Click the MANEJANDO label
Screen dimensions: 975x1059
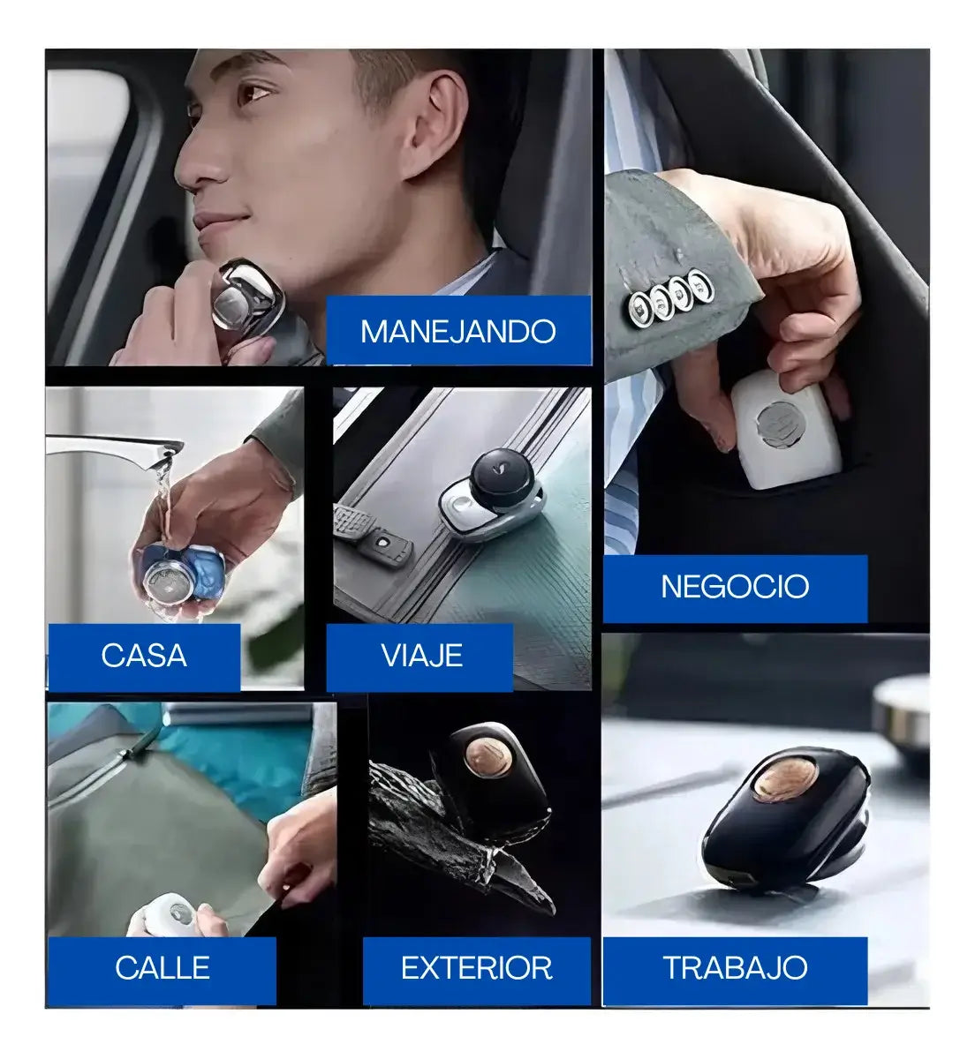click(x=457, y=331)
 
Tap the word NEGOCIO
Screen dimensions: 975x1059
click(x=735, y=586)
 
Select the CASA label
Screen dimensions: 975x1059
click(x=144, y=655)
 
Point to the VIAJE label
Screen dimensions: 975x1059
click(x=422, y=655)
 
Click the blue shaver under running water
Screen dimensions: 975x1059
click(x=182, y=575)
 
